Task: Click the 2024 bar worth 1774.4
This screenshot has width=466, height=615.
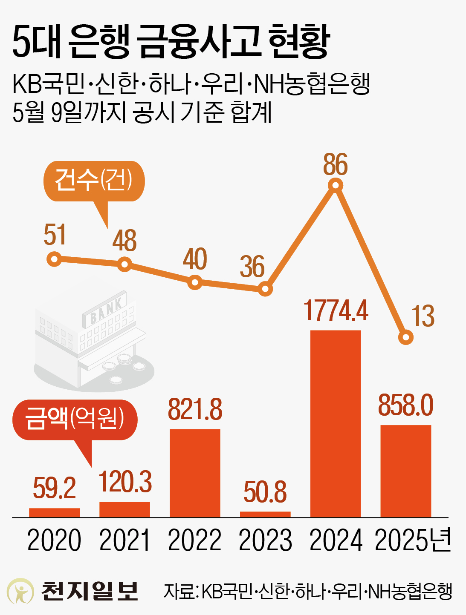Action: pyautogui.click(x=336, y=423)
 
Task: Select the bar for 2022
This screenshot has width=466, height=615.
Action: pyautogui.click(x=195, y=473)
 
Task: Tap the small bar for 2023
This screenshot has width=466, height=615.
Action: pyautogui.click(x=265, y=514)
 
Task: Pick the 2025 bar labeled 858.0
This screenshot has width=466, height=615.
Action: pyautogui.click(x=405, y=471)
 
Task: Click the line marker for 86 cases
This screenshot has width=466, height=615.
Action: pyautogui.click(x=336, y=185)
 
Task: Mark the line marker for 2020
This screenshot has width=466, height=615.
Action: pyautogui.click(x=54, y=259)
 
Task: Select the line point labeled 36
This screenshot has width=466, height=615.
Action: pyautogui.click(x=265, y=290)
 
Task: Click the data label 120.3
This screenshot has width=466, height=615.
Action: pyautogui.click(x=125, y=482)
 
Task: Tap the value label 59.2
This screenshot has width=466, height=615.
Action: pyautogui.click(x=54, y=488)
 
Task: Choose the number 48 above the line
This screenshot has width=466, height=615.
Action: pyautogui.click(x=124, y=241)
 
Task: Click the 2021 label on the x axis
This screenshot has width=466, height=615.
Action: pyautogui.click(x=124, y=540)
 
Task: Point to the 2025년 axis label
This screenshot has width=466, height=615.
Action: pyautogui.click(x=413, y=540)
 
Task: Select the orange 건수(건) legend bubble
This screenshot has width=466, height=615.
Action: pyautogui.click(x=94, y=181)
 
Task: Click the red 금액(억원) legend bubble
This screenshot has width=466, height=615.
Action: pyautogui.click(x=75, y=419)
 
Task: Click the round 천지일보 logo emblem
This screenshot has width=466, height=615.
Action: pyautogui.click(x=20, y=591)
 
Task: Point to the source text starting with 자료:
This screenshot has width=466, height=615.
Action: pyautogui.click(x=307, y=591)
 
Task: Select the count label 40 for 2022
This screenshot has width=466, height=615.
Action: pyautogui.click(x=195, y=259)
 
